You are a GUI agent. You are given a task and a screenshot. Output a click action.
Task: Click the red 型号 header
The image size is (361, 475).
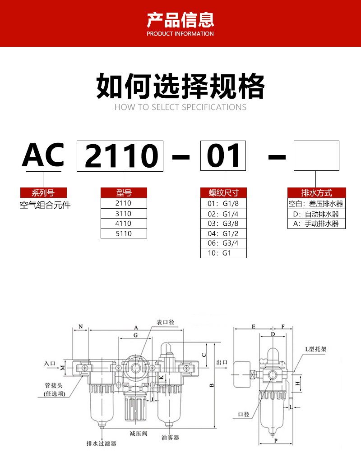[x=124, y=193]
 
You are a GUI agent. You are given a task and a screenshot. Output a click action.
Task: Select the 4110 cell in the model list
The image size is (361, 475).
[x=124, y=224]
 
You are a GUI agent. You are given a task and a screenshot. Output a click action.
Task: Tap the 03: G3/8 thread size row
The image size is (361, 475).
[x=223, y=224]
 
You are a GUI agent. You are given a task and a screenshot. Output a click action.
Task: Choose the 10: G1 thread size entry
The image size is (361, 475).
[x=223, y=253]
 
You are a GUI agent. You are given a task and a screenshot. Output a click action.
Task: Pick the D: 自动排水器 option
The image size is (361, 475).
[x=316, y=214]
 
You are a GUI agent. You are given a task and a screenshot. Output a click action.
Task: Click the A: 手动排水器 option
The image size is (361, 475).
[x=316, y=224]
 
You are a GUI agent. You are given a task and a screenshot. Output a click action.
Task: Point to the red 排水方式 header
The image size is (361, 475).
[x=316, y=193]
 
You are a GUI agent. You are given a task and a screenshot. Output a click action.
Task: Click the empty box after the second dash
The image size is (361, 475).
[x=316, y=155]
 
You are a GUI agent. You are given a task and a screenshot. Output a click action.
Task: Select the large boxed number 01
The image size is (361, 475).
[x=223, y=156]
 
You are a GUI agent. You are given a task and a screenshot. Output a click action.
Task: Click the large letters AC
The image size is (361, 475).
[x=43, y=155]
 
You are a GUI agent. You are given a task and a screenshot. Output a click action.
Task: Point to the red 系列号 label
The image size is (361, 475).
[x=43, y=193]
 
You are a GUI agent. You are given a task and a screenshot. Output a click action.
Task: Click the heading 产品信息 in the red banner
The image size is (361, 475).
[x=180, y=21]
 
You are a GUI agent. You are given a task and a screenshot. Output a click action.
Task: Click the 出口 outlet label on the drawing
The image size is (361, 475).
[x=222, y=362]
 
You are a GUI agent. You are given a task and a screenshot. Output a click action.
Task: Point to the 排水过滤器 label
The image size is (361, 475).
[x=101, y=443]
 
